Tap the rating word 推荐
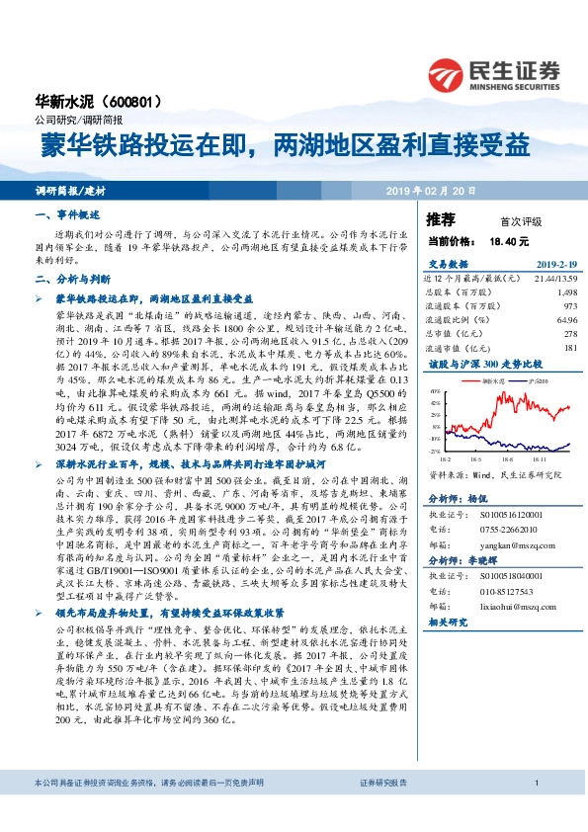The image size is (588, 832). point(441,218)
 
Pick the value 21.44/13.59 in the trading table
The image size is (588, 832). point(554,280)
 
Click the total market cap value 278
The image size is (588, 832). point(569,334)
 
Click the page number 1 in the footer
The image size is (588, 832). point(535,810)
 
